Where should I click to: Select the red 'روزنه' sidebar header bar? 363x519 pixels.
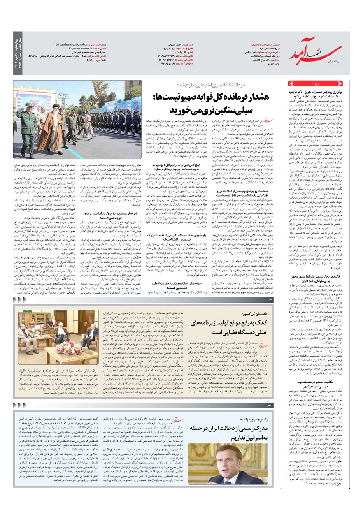tap(315, 84)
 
